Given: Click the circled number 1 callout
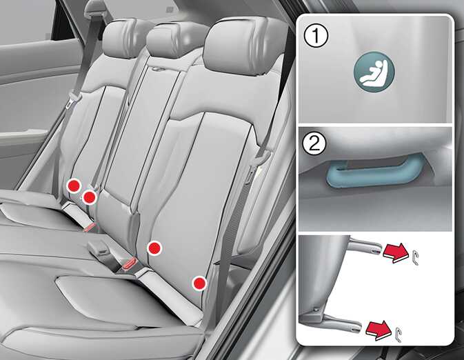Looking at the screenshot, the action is (316, 36).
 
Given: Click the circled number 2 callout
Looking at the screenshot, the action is (314, 144).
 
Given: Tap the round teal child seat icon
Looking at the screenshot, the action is (374, 72).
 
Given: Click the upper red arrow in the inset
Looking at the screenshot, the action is (395, 252).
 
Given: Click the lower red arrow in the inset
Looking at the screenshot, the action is (378, 330).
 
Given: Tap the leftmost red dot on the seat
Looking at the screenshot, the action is (74, 186).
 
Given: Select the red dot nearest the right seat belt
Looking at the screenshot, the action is (199, 283).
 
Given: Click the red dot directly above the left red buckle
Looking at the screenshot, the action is (89, 197).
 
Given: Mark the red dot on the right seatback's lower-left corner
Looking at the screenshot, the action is (154, 248).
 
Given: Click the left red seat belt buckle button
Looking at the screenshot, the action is (90, 227).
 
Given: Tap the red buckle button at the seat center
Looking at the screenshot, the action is (129, 263).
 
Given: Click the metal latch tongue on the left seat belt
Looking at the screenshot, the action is (73, 101).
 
